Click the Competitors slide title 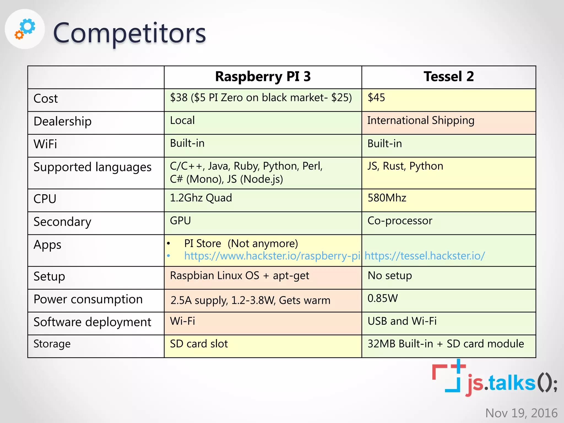click(129, 33)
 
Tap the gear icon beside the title click(25, 29)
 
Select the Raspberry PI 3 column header click(263, 77)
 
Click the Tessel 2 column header click(449, 77)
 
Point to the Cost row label click(46, 99)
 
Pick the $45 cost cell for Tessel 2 click(376, 97)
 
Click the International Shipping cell click(421, 120)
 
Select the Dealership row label click(63, 121)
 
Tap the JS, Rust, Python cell click(405, 166)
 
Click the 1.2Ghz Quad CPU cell click(201, 198)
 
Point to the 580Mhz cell click(387, 198)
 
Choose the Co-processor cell click(400, 221)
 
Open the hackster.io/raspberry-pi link click(272, 256)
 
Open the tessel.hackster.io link click(425, 256)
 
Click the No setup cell click(390, 275)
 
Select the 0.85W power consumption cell click(383, 298)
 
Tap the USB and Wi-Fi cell click(402, 321)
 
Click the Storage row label click(52, 344)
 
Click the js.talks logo click(494, 379)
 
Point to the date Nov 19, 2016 click(521, 413)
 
